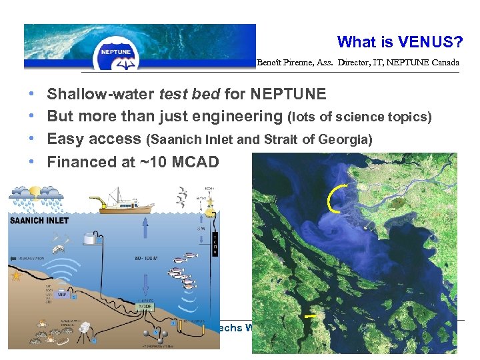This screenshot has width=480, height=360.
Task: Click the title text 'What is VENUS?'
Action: [399, 42]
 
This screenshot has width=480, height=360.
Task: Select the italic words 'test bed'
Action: [193, 94]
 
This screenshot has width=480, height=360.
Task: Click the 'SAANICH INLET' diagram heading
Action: [39, 221]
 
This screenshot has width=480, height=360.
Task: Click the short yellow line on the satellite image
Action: [309, 316]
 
